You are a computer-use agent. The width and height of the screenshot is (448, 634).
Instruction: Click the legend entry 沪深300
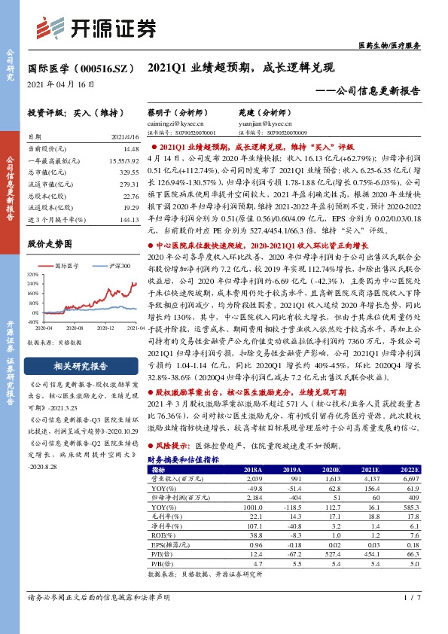115,267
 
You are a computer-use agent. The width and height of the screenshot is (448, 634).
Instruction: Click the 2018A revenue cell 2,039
254,478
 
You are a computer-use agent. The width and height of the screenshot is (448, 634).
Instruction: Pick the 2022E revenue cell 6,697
407,478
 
